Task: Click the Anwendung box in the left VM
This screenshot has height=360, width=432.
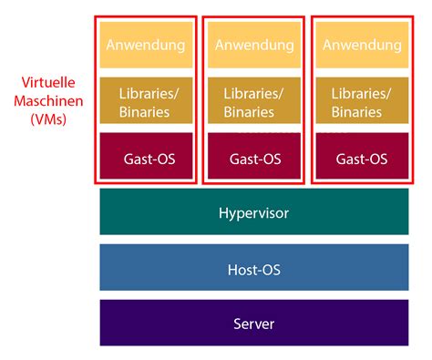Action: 147,45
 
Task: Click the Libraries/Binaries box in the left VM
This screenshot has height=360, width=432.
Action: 147,102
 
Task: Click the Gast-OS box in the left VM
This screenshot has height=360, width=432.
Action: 147,158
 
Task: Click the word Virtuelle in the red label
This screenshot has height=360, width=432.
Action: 47,84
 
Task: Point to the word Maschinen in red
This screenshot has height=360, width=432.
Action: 47,100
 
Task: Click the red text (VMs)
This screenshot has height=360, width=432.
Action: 47,118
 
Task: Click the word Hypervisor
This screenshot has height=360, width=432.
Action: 252,213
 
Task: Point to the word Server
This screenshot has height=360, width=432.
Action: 252,324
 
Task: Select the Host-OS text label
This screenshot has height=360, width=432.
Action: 252,269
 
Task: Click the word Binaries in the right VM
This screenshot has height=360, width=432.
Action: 355,111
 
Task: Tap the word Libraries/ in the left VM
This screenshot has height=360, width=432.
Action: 147,93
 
